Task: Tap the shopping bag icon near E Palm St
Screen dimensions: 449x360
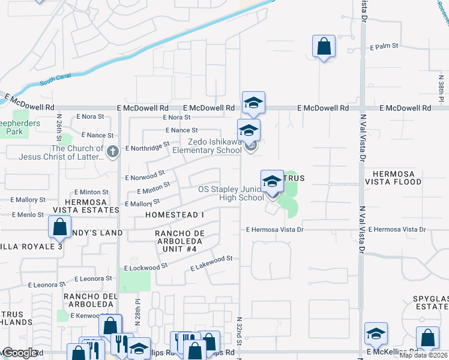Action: click(324, 46)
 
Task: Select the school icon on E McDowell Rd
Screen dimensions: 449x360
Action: click(253, 103)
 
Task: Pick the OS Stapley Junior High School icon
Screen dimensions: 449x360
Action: click(272, 181)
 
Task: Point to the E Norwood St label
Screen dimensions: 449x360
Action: click(145, 175)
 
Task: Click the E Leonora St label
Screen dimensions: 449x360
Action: click(91, 281)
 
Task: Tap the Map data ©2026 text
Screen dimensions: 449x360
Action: click(423, 355)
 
